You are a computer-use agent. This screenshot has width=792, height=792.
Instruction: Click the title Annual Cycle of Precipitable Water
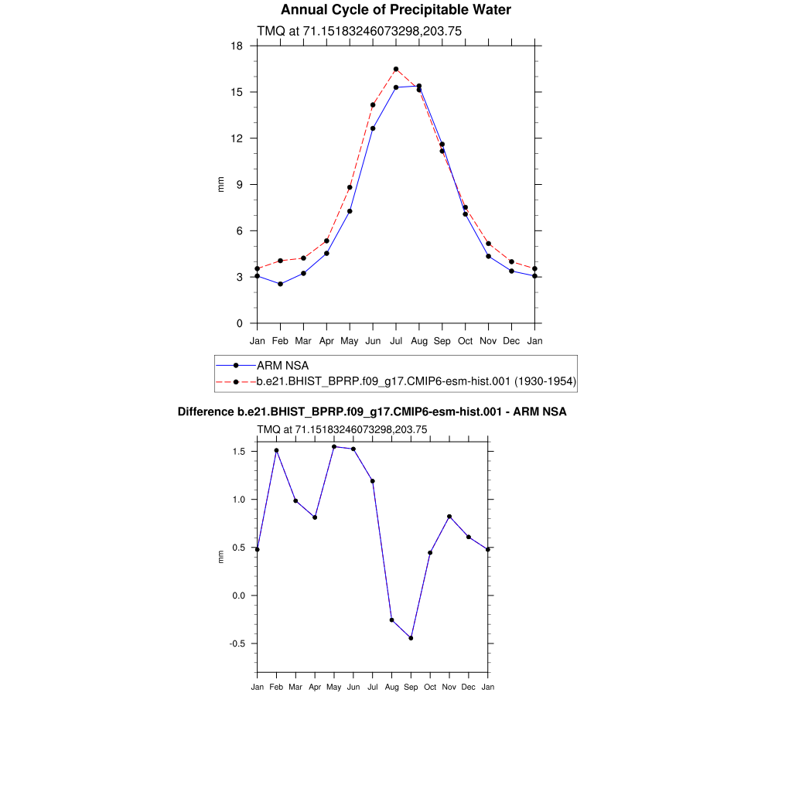[x=395, y=10]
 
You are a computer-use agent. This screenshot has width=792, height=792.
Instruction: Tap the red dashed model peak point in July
[x=396, y=69]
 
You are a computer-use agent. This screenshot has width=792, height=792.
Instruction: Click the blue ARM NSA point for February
[x=280, y=284]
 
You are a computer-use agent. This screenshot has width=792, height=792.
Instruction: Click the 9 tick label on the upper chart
[x=239, y=185]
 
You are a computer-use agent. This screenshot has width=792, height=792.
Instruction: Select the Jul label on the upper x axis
[x=396, y=340]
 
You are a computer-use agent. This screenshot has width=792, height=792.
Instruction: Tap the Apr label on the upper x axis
[x=326, y=340]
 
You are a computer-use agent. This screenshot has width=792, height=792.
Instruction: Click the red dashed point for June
[x=373, y=104]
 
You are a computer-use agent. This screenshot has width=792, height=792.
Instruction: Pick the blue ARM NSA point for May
[x=350, y=211]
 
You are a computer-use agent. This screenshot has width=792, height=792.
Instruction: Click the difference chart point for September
[x=411, y=638]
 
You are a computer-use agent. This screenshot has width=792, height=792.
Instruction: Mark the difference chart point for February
[x=276, y=450]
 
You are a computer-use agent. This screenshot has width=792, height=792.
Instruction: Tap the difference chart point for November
[x=449, y=516]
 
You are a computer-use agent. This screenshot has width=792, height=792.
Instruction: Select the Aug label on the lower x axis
[x=391, y=687]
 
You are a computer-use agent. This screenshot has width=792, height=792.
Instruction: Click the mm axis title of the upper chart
[x=220, y=185]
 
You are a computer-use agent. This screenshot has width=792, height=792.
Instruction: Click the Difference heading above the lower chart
[x=372, y=412]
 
